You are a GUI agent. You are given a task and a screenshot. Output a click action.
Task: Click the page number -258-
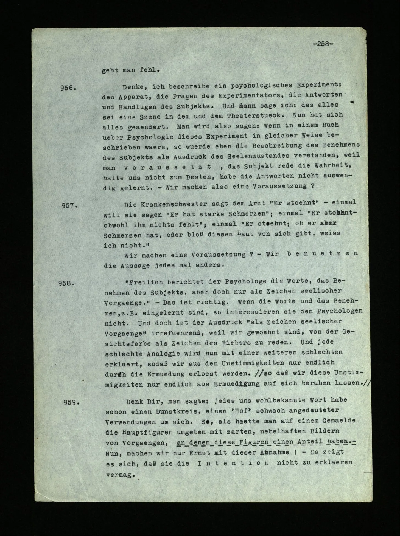323,44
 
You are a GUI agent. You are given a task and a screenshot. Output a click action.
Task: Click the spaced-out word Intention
232,463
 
